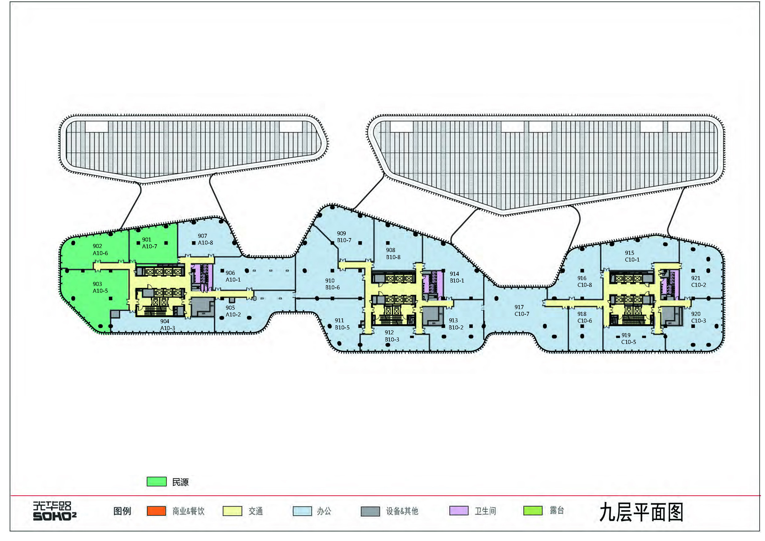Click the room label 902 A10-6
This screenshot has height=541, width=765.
click(x=100, y=250)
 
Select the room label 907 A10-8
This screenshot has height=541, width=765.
click(x=205, y=239)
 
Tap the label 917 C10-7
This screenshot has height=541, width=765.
click(x=521, y=310)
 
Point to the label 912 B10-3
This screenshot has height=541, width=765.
click(x=392, y=336)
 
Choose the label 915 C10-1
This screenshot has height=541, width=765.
click(x=632, y=256)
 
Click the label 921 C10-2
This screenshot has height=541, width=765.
click(x=698, y=281)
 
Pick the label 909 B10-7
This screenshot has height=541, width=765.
click(x=344, y=237)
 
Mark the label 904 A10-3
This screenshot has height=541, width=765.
click(x=167, y=325)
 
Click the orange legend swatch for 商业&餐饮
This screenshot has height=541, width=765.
click(x=156, y=511)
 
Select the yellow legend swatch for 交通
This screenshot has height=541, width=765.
click(x=232, y=511)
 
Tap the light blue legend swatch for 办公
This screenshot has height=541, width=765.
click(x=302, y=511)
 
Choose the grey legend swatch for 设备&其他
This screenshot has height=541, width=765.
click(x=370, y=511)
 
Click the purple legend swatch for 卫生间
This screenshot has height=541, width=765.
click(x=459, y=511)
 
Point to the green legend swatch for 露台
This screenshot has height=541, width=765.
click(x=533, y=511)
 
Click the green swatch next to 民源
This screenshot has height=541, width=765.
click(x=157, y=482)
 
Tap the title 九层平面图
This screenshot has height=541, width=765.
click(x=641, y=512)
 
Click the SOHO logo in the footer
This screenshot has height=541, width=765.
click(x=54, y=511)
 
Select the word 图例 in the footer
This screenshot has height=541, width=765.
click(x=122, y=511)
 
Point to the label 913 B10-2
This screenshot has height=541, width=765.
click(x=455, y=324)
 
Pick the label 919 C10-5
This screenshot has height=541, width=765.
click(x=628, y=338)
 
